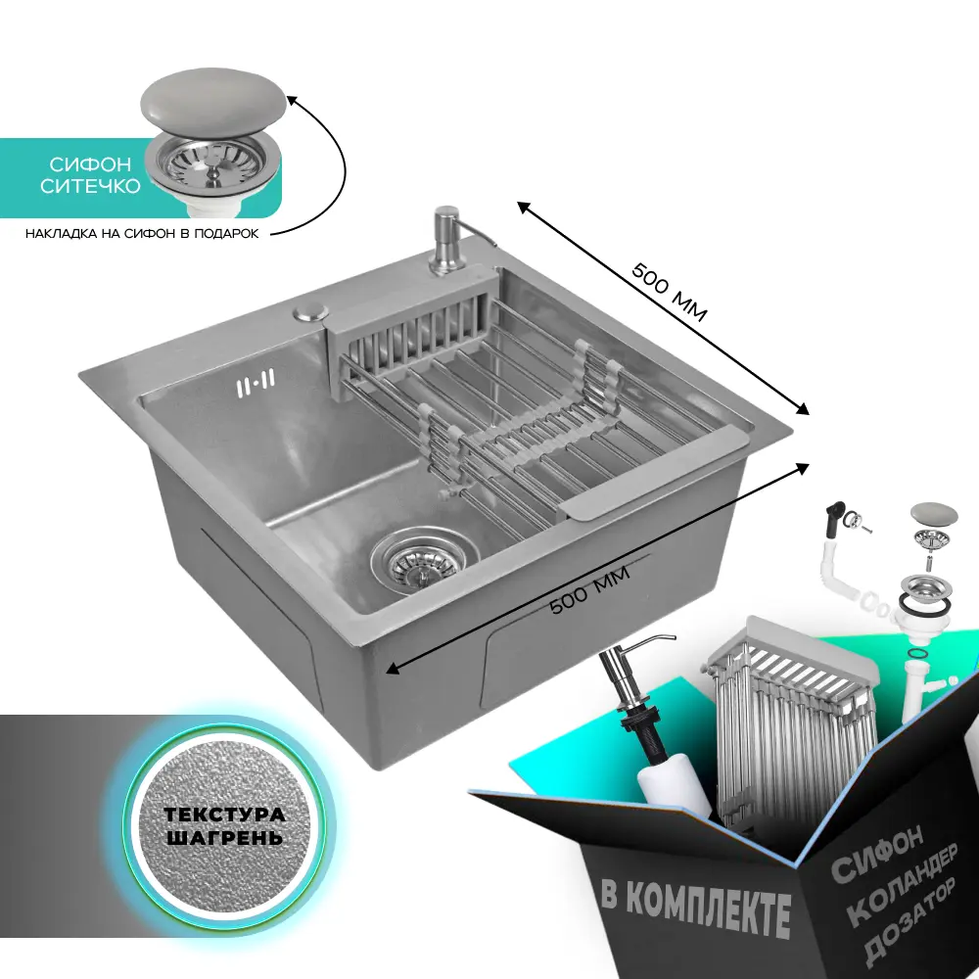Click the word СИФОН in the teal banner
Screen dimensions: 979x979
click(90, 164)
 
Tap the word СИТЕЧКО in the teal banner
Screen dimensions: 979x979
click(90, 186)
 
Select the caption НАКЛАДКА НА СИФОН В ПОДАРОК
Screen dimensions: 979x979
click(142, 234)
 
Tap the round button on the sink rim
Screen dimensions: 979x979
click(311, 311)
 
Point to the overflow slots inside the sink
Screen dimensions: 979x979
click(256, 382)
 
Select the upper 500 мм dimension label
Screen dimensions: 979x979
click(670, 292)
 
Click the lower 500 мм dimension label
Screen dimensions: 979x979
click(590, 588)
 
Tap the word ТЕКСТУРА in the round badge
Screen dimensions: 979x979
click(225, 815)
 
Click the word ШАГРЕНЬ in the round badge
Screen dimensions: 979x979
click(225, 837)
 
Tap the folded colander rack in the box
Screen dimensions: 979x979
click(792, 718)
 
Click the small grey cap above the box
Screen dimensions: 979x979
click(934, 514)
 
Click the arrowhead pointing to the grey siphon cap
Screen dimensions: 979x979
click(291, 100)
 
